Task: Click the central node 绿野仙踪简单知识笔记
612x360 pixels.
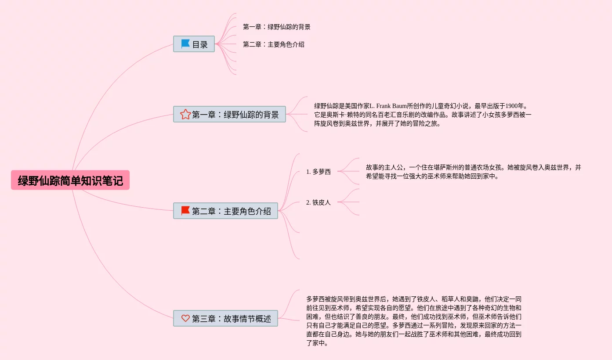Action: pyautogui.click(x=70, y=180)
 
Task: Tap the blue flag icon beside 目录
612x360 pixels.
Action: pyautogui.click(x=185, y=44)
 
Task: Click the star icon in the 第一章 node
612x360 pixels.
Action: pyautogui.click(x=185, y=114)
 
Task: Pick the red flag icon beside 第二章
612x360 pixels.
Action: pyautogui.click(x=185, y=211)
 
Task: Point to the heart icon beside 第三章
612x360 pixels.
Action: pyautogui.click(x=185, y=318)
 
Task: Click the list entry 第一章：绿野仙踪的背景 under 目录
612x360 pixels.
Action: pyautogui.click(x=277, y=27)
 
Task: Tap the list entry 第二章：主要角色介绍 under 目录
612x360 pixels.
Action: pyautogui.click(x=274, y=44)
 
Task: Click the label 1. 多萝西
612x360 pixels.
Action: pyautogui.click(x=319, y=172)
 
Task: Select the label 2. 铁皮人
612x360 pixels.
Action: pyautogui.click(x=319, y=202)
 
